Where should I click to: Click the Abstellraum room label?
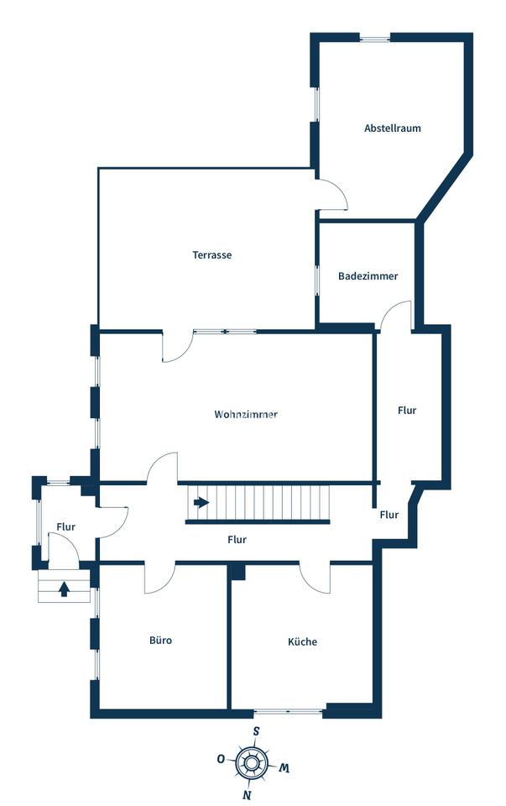point(393,128)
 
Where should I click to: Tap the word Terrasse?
point(212,254)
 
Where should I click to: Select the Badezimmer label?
point(368,276)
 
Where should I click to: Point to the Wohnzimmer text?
point(246,414)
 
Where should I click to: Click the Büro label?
point(161,641)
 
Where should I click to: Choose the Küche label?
point(302,641)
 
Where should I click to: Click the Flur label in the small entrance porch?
point(65,527)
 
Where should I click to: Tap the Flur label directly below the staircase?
point(237,539)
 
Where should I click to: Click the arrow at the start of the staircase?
point(201,502)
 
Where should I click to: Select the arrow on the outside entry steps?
point(64,589)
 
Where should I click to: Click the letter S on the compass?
point(256,731)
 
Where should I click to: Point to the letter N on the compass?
point(247,795)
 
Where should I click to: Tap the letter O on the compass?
point(221,759)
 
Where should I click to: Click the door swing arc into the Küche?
point(314,581)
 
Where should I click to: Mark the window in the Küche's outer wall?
point(288,712)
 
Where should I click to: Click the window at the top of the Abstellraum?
point(374,37)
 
